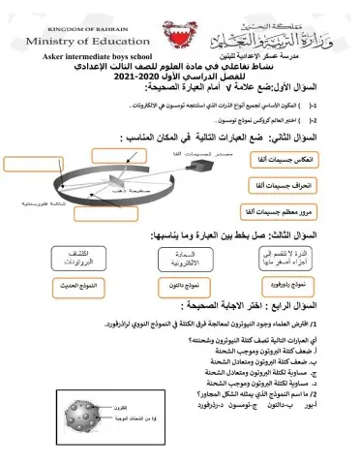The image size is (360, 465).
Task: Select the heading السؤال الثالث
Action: click(298, 235)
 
